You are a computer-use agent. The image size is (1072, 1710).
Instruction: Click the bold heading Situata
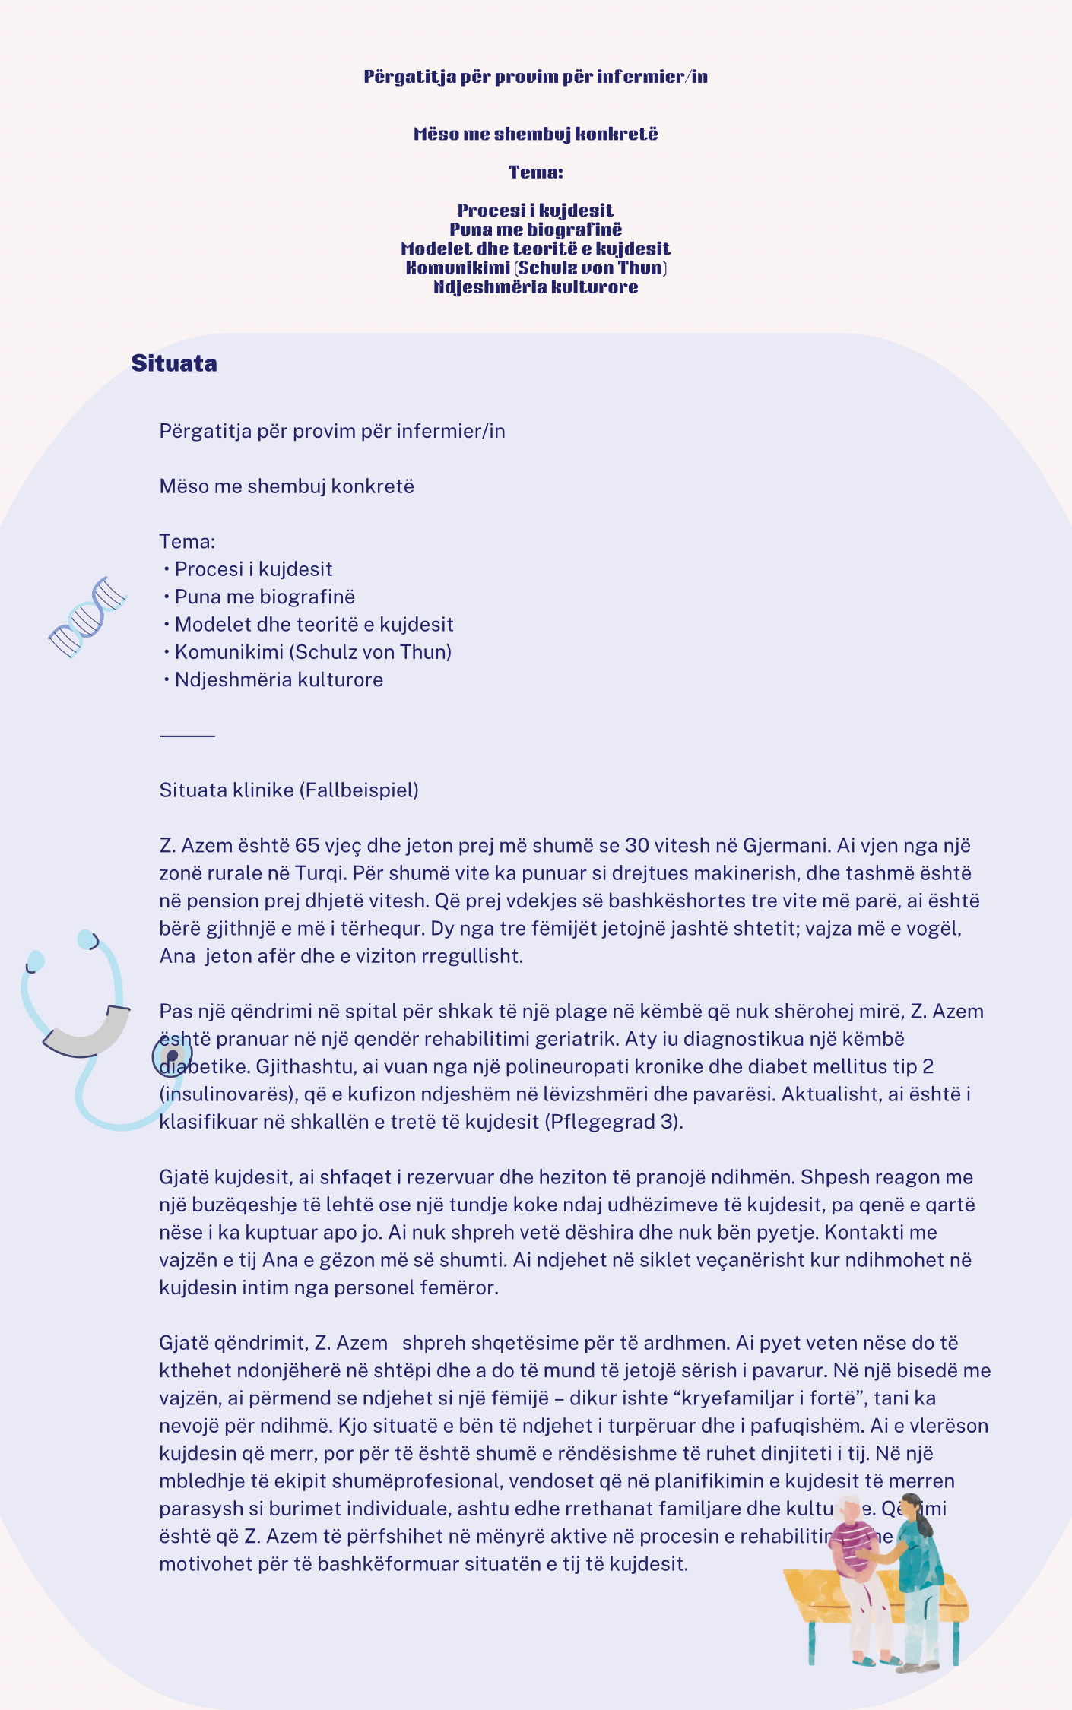coord(174,363)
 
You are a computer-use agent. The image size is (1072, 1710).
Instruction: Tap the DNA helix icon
coord(87,616)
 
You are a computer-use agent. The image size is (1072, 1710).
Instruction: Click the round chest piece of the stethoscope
coord(172,1056)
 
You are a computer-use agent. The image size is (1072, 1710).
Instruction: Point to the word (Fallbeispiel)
coord(359,790)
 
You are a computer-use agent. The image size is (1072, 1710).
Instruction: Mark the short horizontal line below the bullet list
coord(187,736)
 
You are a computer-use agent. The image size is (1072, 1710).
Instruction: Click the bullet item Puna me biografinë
coord(265,597)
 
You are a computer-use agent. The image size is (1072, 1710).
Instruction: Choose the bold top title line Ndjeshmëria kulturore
coord(535,287)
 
